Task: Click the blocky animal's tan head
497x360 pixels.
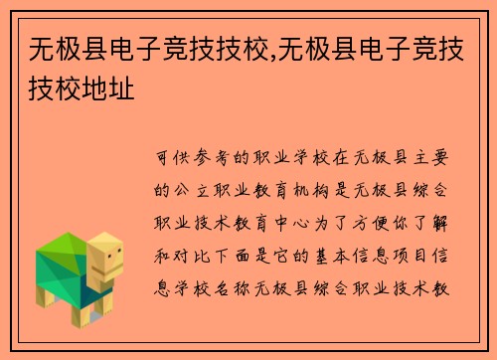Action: (105, 262)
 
